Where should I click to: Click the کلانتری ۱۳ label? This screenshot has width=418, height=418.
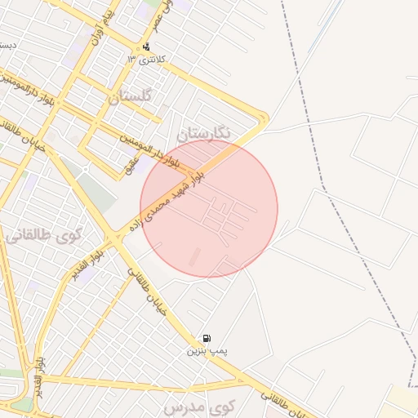153,60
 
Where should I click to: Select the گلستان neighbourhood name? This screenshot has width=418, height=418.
130,96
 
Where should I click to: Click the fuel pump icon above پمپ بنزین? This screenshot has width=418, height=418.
207,338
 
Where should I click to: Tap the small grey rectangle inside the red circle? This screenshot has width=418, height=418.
194,257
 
